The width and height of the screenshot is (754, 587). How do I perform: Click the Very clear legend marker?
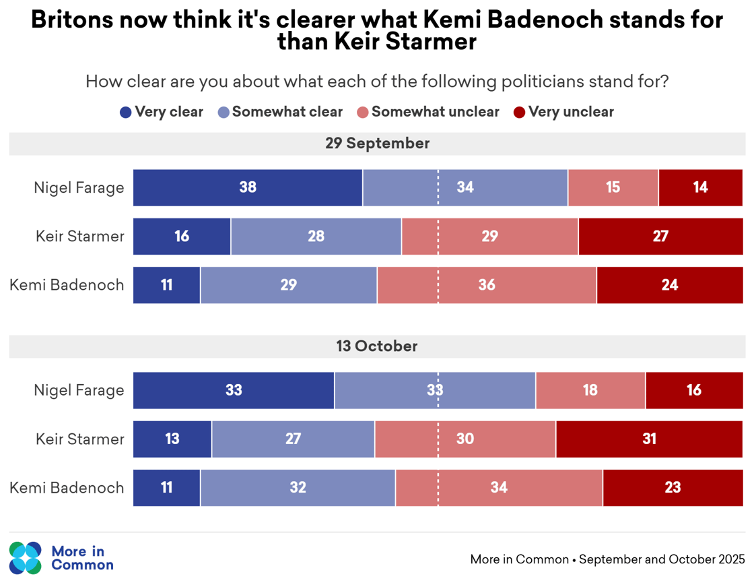click(126, 113)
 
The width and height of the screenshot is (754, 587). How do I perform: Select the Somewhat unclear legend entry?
click(428, 112)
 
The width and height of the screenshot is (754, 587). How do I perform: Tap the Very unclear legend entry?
click(563, 112)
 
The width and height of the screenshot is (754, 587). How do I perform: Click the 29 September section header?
click(377, 144)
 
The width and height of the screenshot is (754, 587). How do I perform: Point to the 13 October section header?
click(377, 346)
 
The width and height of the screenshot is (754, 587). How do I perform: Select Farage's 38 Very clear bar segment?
click(248, 187)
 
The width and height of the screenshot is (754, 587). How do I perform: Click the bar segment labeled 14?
click(700, 187)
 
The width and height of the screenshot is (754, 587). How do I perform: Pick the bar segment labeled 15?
click(613, 187)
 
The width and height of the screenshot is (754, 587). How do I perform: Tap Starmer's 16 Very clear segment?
click(182, 237)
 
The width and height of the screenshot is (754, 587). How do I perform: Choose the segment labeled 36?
click(487, 285)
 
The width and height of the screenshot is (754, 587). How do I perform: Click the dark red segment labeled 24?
click(669, 285)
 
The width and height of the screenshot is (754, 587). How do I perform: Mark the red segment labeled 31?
click(649, 439)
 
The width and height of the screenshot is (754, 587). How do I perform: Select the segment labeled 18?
click(590, 390)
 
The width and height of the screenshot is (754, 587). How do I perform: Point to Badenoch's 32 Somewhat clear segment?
click(298, 488)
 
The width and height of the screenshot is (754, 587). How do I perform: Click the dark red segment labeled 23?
click(673, 488)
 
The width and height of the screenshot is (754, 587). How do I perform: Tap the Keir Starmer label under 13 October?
click(80, 439)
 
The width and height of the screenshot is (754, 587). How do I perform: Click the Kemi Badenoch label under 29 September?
click(67, 285)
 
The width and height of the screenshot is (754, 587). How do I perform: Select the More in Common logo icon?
click(26, 558)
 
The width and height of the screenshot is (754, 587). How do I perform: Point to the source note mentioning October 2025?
click(607, 559)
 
